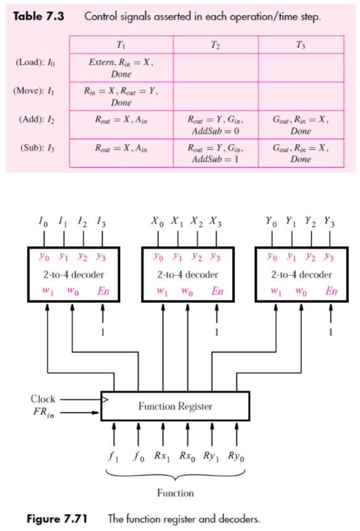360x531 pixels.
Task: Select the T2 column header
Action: pos(215,45)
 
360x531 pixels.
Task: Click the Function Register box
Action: pos(175,406)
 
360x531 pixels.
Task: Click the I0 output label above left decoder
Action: pos(40,219)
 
